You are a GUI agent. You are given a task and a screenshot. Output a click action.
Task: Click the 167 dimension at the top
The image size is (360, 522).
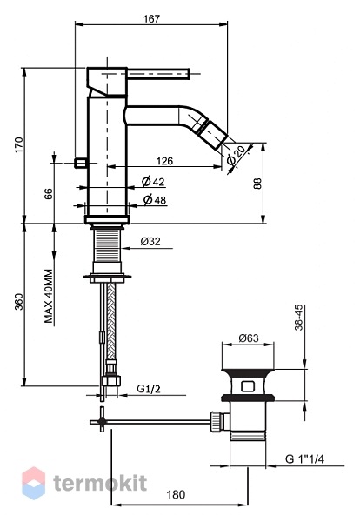click(151, 18)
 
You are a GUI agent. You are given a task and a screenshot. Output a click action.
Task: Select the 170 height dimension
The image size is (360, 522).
click(19, 144)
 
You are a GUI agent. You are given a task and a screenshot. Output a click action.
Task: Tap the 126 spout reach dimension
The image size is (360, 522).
click(164, 161)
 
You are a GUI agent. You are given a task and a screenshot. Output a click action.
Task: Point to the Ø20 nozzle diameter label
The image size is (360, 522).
click(237, 155)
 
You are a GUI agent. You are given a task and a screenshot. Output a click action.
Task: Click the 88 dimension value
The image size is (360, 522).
click(258, 184)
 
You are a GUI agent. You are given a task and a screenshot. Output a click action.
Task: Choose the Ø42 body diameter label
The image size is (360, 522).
click(153, 181)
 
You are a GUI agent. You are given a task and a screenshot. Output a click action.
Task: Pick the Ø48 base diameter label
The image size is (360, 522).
click(155, 200)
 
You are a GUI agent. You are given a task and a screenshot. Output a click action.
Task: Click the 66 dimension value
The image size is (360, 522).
click(48, 193)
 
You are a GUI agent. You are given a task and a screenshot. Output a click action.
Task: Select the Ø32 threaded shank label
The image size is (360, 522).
click(150, 241)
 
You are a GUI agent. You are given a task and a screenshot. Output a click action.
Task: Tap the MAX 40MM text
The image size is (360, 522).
click(49, 297)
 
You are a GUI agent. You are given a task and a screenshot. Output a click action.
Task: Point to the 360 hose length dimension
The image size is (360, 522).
click(19, 302)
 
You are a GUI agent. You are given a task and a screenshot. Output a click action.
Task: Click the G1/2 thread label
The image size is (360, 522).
click(149, 389)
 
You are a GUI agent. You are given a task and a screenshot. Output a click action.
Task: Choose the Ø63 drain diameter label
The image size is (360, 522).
click(249, 338)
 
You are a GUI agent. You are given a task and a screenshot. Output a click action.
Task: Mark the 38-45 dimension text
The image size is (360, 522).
click(299, 318)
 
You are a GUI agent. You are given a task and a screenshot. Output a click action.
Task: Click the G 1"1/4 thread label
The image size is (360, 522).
click(304, 458)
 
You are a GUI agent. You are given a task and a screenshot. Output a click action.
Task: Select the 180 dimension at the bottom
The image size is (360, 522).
click(176, 495)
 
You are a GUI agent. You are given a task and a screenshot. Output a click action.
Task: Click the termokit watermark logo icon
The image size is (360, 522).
click(34, 484)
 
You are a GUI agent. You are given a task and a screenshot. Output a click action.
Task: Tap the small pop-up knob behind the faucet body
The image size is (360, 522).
click(80, 164)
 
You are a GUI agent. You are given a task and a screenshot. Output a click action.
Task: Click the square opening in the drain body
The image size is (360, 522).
click(248, 386)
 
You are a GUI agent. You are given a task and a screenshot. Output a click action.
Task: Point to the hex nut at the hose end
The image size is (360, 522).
click(111, 380)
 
